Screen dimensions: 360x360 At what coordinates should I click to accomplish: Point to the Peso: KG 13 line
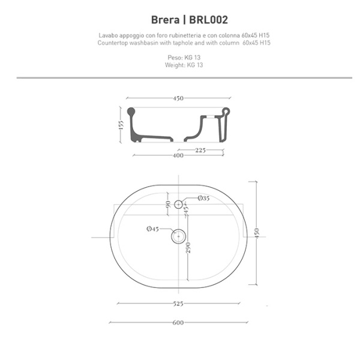pos(180,58)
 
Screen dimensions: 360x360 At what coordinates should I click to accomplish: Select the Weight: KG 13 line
pos(180,64)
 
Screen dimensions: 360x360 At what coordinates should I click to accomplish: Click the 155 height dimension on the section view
pos(121,125)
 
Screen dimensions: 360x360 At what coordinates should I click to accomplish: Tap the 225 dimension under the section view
pos(202,151)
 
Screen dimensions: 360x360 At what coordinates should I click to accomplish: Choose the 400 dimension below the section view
pos(178,156)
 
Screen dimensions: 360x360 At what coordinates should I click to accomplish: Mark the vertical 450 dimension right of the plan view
pos(257,233)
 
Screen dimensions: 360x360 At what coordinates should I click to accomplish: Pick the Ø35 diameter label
pos(203,199)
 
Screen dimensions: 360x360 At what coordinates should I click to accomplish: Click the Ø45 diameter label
pos(152,229)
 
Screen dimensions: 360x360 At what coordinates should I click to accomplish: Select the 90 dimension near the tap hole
pos(167,205)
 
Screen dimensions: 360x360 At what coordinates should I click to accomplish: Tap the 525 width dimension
pos(178,304)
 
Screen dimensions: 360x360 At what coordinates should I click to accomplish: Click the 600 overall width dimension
pos(178,323)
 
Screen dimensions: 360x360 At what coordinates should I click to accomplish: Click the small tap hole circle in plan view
pos(178,205)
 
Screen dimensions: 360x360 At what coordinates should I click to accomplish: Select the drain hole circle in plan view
pos(178,236)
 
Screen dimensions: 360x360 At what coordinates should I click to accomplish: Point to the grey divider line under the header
pos(180,78)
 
